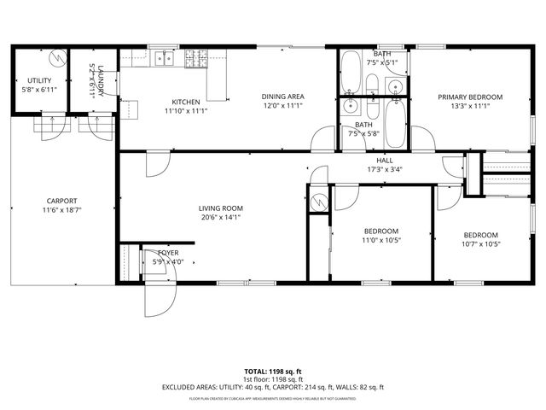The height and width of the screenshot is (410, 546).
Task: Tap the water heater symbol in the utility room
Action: (57, 58)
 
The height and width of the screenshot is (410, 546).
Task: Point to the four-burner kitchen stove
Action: (193, 57)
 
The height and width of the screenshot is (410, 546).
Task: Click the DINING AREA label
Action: (282, 97)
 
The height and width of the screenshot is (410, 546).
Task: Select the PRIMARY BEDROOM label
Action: (470, 97)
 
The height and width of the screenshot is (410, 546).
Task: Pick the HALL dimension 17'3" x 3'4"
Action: (385, 168)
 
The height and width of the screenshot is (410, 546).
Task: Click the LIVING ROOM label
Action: (221, 208)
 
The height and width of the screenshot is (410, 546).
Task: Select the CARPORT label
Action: (61, 201)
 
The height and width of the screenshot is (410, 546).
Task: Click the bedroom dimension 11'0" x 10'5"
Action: (381, 240)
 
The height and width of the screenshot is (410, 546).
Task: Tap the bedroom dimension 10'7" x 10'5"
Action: (482, 244)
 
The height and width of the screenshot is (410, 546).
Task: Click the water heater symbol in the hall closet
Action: (318, 202)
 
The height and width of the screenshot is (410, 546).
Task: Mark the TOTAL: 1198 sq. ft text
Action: (272, 372)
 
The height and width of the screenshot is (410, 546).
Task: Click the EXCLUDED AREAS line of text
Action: (272, 387)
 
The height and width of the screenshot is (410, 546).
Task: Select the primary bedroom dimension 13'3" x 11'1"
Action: (470, 108)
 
